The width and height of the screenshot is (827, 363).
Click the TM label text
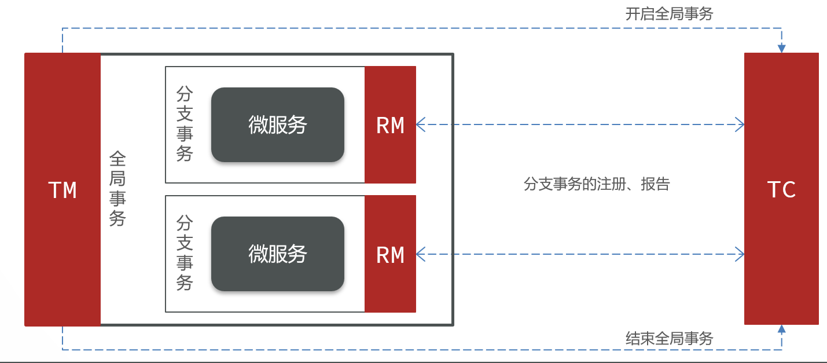(x=63, y=190)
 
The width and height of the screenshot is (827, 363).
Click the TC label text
(x=781, y=190)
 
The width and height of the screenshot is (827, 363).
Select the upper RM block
(x=390, y=125)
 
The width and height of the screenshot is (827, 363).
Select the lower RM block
(x=390, y=254)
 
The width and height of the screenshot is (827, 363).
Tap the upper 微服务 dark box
(x=278, y=125)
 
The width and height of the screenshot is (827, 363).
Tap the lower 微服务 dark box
(x=278, y=254)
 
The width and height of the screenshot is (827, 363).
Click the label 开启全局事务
(x=669, y=14)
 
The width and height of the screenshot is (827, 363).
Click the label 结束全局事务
(x=669, y=338)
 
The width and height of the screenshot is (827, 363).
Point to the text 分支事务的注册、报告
(x=597, y=184)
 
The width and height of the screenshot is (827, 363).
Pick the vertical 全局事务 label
(x=118, y=188)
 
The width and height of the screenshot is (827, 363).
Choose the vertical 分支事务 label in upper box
(x=185, y=124)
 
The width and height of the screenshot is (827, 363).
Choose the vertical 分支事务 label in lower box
(x=185, y=253)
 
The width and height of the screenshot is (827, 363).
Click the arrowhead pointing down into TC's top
(x=782, y=49)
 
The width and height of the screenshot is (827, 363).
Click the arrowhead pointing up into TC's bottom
(x=782, y=329)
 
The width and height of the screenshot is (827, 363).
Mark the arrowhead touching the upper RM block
(x=421, y=124)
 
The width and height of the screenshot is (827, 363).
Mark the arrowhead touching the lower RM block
(x=421, y=254)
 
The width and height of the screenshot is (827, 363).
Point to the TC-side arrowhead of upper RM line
(x=740, y=124)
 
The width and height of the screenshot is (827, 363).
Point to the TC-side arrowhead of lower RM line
(x=740, y=254)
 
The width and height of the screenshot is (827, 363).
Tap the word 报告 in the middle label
(x=655, y=184)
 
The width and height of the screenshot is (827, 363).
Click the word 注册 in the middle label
(x=611, y=184)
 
